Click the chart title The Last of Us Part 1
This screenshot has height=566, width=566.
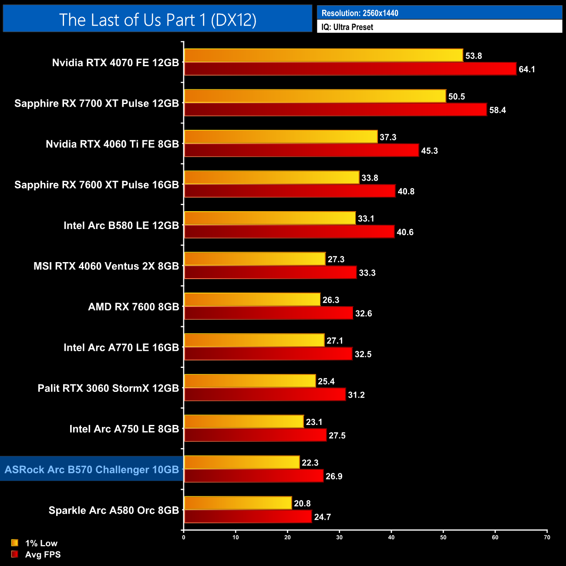tap(158, 20)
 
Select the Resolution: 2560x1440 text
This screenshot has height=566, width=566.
tap(360, 13)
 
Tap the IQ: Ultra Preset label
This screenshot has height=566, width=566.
tap(347, 27)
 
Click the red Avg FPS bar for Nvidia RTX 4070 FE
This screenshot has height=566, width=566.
tap(350, 69)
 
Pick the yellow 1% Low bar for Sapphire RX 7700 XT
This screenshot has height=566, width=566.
tap(315, 96)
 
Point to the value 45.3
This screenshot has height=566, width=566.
tap(429, 151)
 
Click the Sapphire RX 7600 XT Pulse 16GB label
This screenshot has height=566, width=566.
tap(97, 185)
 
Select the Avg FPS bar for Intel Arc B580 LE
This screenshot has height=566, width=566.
tap(289, 232)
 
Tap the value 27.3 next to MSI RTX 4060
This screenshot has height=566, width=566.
tap(336, 259)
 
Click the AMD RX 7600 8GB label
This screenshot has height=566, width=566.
tap(134, 307)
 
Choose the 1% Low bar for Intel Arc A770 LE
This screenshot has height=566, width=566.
tap(254, 340)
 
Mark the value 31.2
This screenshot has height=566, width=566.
tap(356, 395)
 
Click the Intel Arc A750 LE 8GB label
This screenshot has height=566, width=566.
tap(124, 429)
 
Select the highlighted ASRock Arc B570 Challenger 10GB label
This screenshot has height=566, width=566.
tap(92, 469)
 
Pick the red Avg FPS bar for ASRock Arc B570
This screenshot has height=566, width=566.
tap(254, 476)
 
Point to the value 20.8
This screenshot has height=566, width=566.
tap(302, 503)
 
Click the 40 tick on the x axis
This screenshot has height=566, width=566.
tap(391, 537)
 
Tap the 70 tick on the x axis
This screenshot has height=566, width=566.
tap(547, 537)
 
